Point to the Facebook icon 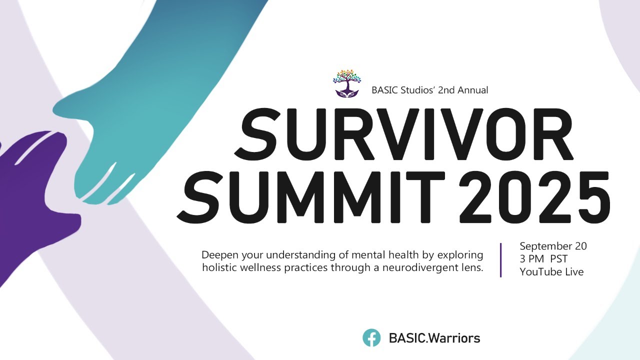[371, 338]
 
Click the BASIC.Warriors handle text [434, 338]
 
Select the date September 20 [553, 246]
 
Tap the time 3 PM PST [543, 259]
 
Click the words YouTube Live [551, 272]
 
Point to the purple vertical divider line [501, 259]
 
